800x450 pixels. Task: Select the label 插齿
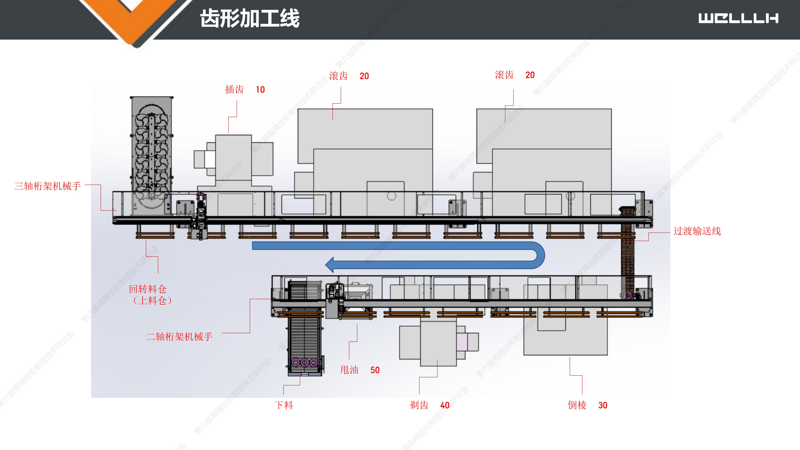(x=234, y=89)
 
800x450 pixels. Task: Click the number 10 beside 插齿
(x=260, y=90)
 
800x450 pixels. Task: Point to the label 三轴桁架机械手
(x=48, y=186)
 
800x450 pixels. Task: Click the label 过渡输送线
(x=697, y=231)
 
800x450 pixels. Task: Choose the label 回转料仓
(x=148, y=289)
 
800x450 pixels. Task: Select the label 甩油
(x=349, y=370)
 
